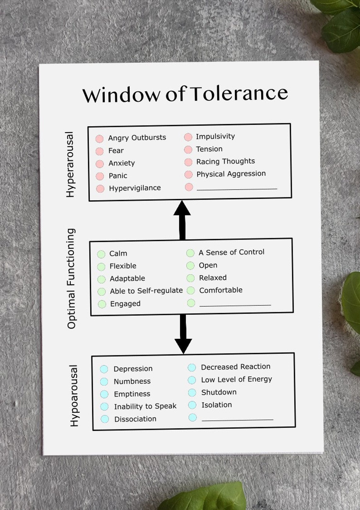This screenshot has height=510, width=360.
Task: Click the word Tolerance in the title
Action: coord(239,93)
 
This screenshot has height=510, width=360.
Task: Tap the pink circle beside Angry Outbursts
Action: coord(99,139)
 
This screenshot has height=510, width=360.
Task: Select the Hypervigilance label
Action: coord(135,188)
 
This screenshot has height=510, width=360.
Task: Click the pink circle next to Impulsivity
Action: coord(188,137)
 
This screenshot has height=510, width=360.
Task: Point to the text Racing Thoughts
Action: coord(225,161)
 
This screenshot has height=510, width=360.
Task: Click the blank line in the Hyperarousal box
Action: coord(237,189)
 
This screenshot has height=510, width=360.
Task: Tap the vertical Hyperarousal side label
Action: coord(70,165)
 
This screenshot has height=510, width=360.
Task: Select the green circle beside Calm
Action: coord(101,254)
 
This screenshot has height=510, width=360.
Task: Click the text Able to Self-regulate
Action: coord(146,291)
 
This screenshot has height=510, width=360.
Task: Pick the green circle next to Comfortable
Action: coord(191,290)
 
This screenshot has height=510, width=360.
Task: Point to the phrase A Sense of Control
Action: coord(231,252)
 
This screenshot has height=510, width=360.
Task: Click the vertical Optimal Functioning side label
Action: coord(71,278)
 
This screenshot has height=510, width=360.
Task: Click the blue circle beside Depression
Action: coord(104,369)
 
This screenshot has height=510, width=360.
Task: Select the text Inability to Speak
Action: coord(145,406)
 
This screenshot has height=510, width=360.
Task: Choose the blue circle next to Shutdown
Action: coord(192,393)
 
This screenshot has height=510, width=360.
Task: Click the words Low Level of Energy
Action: coord(237,379)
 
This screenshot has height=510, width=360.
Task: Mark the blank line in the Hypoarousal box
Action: coord(237,420)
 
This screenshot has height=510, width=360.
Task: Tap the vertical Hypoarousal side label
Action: coord(74,396)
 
